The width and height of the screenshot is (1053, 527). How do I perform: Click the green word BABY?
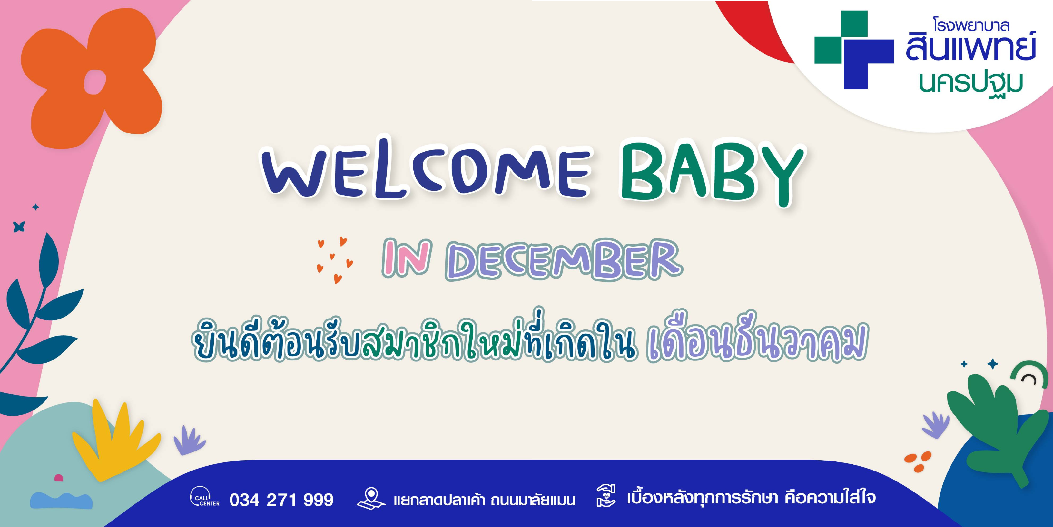pyautogui.click(x=713, y=172)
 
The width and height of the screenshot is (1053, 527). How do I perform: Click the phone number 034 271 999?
pyautogui.click(x=281, y=500)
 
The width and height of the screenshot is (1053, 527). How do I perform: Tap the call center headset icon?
pyautogui.click(x=204, y=496)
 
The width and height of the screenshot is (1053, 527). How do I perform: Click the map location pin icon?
pyautogui.click(x=371, y=498)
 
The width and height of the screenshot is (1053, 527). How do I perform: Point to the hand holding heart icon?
pyautogui.click(x=606, y=496)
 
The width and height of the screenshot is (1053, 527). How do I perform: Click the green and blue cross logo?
pyautogui.click(x=854, y=50)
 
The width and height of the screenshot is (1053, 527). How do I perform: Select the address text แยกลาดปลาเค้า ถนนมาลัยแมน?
pyautogui.click(x=484, y=500)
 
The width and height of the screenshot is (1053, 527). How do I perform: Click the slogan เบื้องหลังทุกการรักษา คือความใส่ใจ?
pyautogui.click(x=751, y=498)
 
